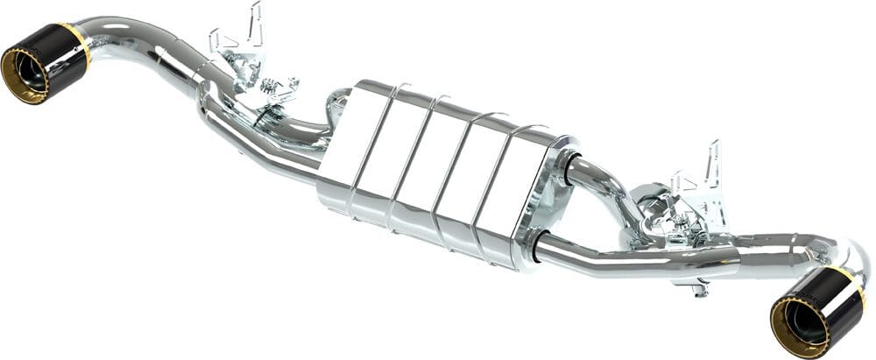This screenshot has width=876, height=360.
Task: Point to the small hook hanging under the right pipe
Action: coord(697,285)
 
